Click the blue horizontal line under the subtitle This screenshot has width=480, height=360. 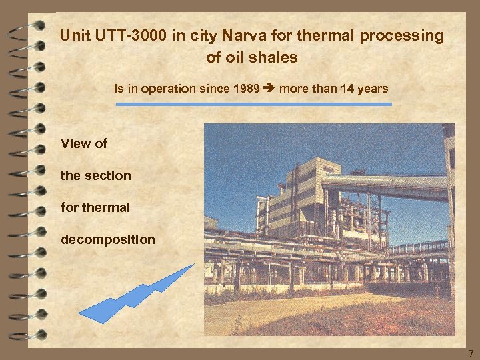(x=254, y=104)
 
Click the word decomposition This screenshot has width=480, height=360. (x=107, y=239)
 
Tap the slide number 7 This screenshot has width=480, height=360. (x=469, y=353)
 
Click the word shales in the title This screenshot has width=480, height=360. (x=276, y=57)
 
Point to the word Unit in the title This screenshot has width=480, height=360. (x=73, y=36)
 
